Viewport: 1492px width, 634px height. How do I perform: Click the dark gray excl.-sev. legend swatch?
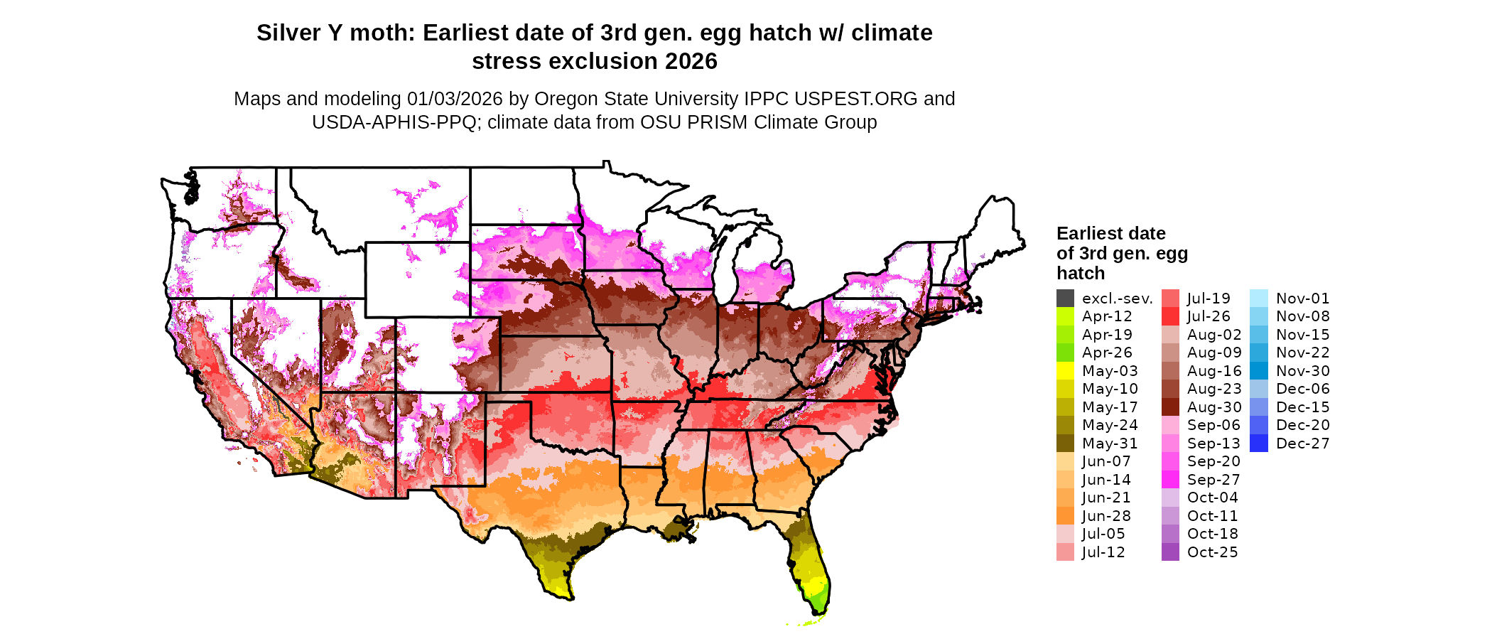pos(1065,299)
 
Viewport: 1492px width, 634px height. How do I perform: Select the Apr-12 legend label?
pos(1107,316)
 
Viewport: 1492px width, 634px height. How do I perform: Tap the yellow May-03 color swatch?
pos(1065,371)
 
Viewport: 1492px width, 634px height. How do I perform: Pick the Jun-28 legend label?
pos(1106,516)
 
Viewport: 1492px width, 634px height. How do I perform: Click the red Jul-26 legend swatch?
pos(1170,316)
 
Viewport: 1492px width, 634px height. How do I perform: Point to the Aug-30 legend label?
pos(1214,407)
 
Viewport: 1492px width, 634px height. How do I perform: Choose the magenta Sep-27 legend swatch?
pos(1170,480)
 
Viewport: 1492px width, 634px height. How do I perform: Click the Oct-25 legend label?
pos(1212,552)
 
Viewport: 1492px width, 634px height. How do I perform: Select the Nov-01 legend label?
pos(1302,299)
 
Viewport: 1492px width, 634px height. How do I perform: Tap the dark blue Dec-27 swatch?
pos(1258,444)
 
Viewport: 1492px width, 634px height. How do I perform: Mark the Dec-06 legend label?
pos(1302,389)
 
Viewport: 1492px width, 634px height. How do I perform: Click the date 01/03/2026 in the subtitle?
pos(455,99)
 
